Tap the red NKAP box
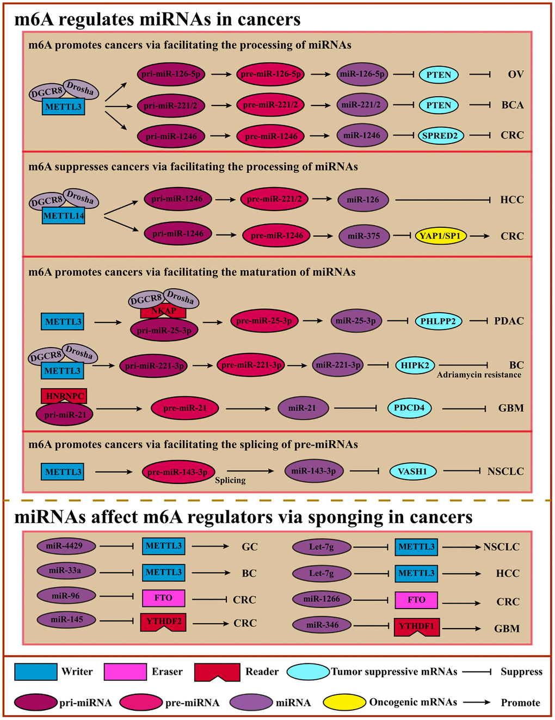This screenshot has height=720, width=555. click(164, 312)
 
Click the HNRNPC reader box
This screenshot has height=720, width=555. click(64, 396)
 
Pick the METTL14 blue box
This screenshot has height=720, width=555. click(63, 216)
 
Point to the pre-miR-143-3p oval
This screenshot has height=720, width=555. click(178, 472)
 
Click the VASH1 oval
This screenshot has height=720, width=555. click(412, 471)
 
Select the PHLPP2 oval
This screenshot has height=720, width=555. click(438, 321)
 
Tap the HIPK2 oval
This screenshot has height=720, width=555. click(415, 365)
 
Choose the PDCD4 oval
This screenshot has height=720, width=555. click(409, 407)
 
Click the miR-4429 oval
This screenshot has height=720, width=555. click(66, 545)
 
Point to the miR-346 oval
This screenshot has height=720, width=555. click(322, 625)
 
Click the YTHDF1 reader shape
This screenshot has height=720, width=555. click(417, 626)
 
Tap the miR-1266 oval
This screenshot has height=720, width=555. click(322, 599)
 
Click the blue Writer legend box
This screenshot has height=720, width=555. click(35, 672)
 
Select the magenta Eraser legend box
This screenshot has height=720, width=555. click(125, 672)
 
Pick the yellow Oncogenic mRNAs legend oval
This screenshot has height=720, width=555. click(344, 702)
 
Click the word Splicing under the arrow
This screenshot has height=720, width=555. click(230, 480)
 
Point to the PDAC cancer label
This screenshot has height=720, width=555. click(509, 321)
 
